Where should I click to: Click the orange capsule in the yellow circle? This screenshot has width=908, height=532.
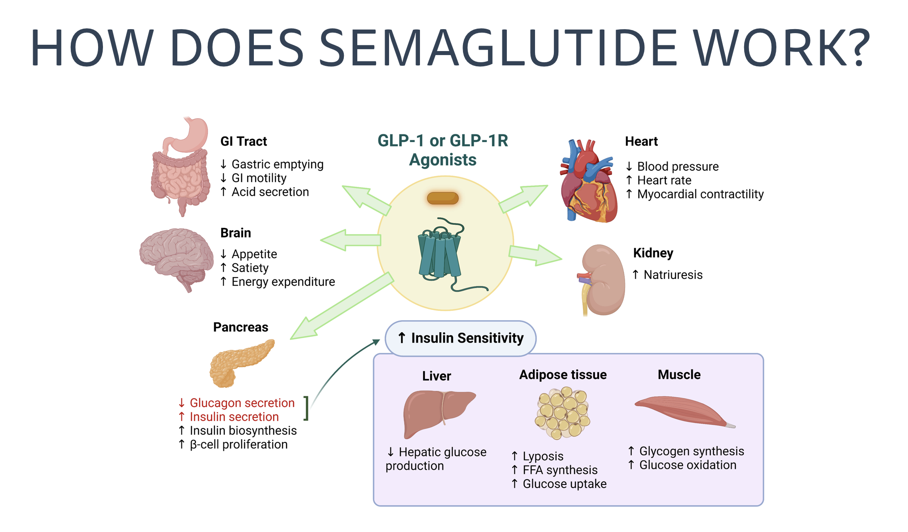pyautogui.click(x=442, y=198)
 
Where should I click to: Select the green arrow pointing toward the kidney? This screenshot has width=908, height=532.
pyautogui.click(x=535, y=254)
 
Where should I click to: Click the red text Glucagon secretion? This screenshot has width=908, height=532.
pyautogui.click(x=242, y=403)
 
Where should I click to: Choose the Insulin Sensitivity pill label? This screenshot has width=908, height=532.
pyautogui.click(x=461, y=338)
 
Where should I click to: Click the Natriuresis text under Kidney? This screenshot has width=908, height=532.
pyautogui.click(x=672, y=275)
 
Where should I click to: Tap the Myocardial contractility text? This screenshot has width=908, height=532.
pyautogui.click(x=700, y=194)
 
